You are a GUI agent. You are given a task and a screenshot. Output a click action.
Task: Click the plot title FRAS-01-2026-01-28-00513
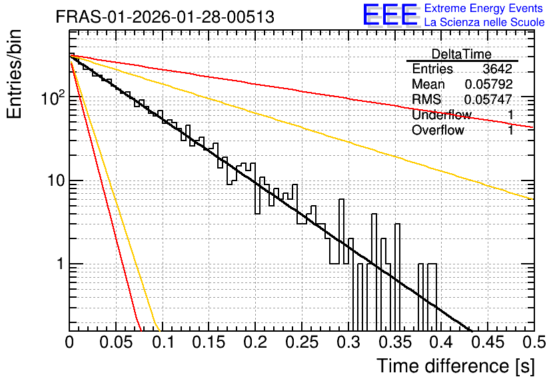[x=165, y=17]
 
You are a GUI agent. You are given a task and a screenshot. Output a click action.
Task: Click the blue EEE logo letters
[x=390, y=15]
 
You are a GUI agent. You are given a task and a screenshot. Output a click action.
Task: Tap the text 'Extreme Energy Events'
[x=484, y=8]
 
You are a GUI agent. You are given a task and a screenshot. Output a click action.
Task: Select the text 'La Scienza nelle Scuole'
[x=484, y=22]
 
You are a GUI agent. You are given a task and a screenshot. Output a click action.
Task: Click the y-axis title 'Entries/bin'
[x=14, y=74]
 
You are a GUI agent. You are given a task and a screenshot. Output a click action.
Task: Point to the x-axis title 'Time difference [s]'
[x=456, y=366]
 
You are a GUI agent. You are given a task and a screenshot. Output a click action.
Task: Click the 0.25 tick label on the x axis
[x=302, y=342]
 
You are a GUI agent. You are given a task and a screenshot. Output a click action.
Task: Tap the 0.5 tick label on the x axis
[x=534, y=342]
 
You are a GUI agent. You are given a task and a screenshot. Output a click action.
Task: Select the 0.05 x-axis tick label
[x=116, y=342]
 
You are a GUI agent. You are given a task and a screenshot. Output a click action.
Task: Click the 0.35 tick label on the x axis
[x=395, y=342]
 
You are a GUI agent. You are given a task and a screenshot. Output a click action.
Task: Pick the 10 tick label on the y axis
[x=56, y=181]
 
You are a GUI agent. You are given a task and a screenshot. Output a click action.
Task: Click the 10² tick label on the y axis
[x=53, y=97]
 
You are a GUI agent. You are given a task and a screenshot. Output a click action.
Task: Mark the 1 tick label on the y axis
[x=60, y=264]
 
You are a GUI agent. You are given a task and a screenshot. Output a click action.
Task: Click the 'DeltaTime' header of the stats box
[x=462, y=54]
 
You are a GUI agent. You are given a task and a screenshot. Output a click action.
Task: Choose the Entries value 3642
[x=497, y=69]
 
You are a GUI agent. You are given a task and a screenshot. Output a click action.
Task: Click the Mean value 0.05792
[x=488, y=84]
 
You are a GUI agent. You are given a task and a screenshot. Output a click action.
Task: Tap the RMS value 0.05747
[x=488, y=99]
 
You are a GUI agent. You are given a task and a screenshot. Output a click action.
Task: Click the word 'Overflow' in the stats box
[x=438, y=130]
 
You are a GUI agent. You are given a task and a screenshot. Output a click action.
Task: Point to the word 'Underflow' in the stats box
[x=442, y=115]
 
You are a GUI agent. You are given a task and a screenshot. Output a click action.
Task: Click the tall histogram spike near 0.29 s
[x=341, y=231]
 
